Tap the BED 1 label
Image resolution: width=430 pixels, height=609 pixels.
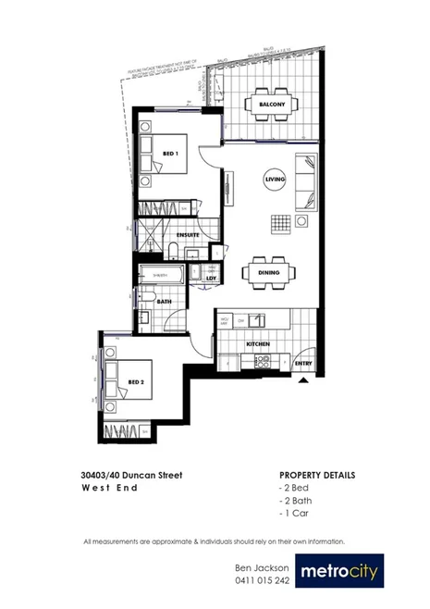coord(170,155)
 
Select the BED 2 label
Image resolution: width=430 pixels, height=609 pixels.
coord(135,381)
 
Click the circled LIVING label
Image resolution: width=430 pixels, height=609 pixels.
coord(275,180)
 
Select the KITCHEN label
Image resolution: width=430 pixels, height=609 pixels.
coord(258,344)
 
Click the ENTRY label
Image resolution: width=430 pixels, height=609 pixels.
coord(302,364)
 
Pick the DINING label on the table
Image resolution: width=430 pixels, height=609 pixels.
coord(270,272)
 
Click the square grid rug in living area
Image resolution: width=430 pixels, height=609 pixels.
coord(280,223)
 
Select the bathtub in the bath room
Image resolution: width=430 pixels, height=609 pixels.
coord(160,274)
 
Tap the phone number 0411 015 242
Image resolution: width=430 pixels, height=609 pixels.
coord(262,580)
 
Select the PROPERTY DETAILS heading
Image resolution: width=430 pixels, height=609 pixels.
coord(317,476)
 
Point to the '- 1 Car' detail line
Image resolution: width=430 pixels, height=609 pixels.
coord(294,512)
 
